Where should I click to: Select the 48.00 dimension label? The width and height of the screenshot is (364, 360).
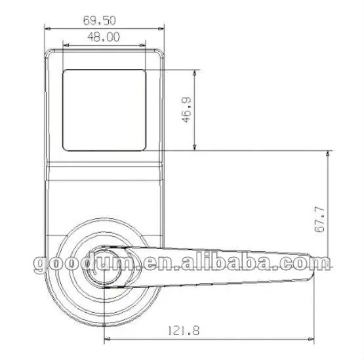coord(104,37)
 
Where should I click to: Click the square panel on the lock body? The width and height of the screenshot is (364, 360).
coord(104,110)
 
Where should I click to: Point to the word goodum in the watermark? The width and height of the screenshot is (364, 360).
coord(79,265)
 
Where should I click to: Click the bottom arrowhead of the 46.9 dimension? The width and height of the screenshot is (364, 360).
coord(196,148)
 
